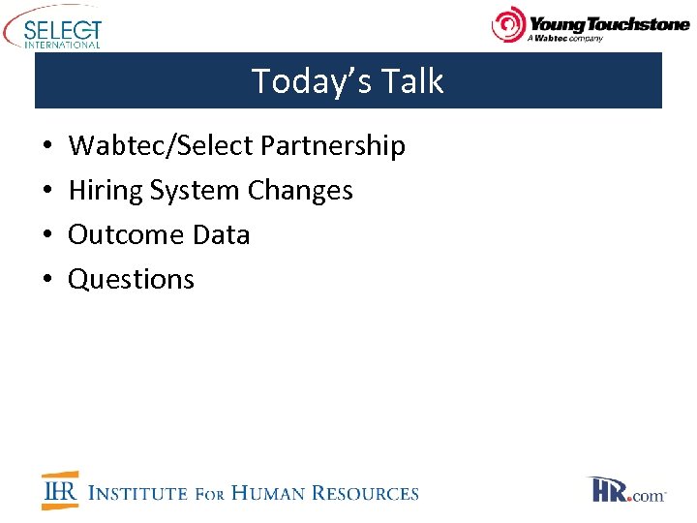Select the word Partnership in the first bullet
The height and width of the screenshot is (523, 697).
[332, 146]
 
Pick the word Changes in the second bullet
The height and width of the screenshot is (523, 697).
[300, 190]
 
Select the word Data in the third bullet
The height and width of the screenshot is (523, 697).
[219, 234]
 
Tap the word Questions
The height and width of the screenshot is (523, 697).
[131, 279]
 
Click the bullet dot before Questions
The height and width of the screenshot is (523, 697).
[47, 280]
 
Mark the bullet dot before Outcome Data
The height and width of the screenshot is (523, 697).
[47, 235]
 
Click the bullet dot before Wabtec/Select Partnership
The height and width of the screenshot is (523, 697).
[47, 147]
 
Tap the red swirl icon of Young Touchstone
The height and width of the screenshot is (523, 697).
[509, 24]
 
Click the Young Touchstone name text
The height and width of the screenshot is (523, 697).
[608, 22]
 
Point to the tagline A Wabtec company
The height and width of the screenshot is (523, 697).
[564, 39]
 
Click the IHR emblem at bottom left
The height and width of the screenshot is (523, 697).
[60, 491]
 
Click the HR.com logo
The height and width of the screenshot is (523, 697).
[626, 490]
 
